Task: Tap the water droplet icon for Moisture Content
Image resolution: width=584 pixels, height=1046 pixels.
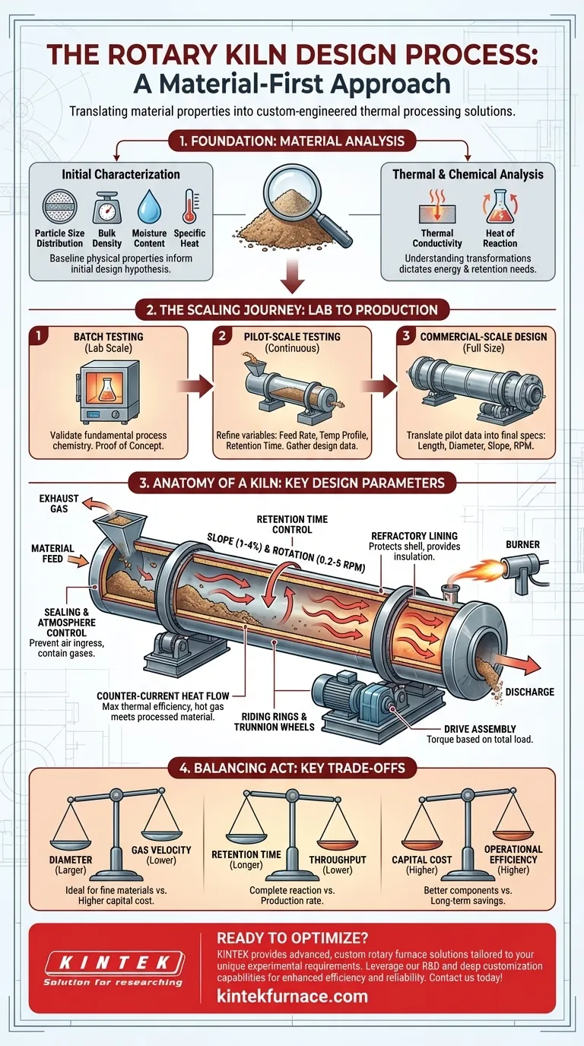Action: point(148,206)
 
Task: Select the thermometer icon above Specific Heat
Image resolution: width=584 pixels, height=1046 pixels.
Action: point(189,206)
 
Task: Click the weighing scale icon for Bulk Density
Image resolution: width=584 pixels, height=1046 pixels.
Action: point(106,206)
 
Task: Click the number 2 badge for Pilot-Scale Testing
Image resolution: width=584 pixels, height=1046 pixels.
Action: point(224,335)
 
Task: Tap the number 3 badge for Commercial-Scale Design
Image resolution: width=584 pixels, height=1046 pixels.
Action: point(407,335)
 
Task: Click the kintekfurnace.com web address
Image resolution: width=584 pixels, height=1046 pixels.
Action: point(292,996)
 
